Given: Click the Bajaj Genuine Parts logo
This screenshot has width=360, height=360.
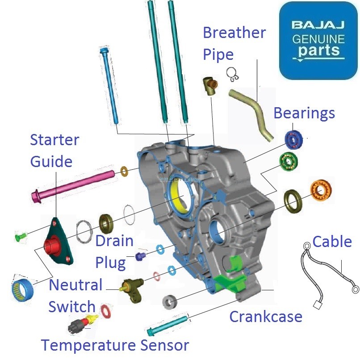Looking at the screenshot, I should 318,40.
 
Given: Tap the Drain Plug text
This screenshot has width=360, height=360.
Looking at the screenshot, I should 114,251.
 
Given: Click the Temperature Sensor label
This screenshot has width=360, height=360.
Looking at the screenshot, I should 115,345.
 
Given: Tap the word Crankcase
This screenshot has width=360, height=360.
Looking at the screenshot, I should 265,317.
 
